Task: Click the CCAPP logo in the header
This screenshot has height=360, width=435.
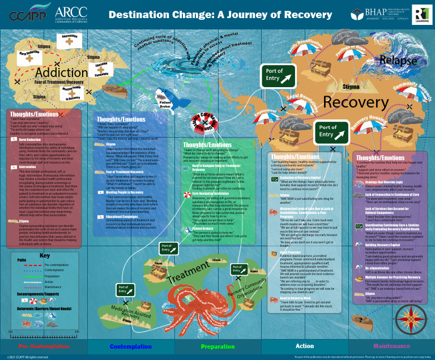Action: (x=27, y=14)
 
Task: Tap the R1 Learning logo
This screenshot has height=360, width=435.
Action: (x=420, y=14)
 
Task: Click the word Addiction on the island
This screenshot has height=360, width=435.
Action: (x=61, y=72)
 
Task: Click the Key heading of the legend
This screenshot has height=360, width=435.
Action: (x=45, y=255)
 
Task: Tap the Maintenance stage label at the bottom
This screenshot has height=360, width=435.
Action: (x=391, y=346)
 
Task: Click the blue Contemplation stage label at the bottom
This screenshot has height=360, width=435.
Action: (x=131, y=346)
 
